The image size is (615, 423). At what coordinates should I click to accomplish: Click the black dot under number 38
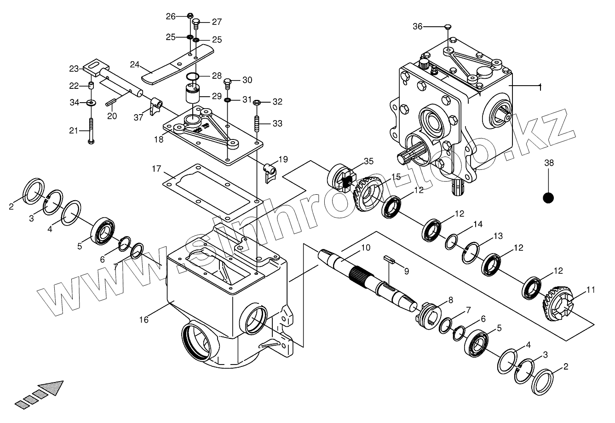tap(548, 198)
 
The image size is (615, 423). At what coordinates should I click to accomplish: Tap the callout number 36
tap(417, 27)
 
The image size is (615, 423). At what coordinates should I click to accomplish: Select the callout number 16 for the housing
tap(144, 319)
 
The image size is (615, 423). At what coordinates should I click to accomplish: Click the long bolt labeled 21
tap(91, 131)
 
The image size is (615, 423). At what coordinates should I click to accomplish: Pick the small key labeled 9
tap(389, 260)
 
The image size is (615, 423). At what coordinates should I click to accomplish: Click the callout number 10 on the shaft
tap(365, 248)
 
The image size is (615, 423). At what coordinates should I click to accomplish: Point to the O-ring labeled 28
tap(193, 76)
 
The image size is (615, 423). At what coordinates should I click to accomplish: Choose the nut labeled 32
tap(257, 102)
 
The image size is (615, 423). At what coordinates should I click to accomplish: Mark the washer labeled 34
tap(91, 102)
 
